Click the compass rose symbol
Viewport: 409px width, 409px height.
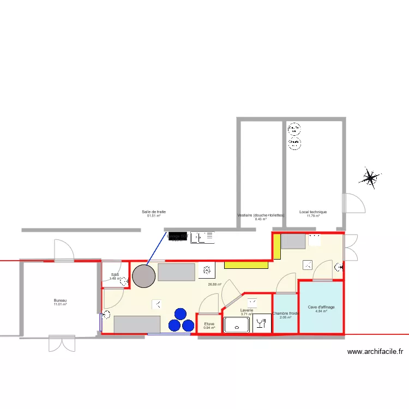(372, 177)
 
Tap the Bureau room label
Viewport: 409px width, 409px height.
(60, 301)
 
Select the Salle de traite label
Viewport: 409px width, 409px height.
(153, 212)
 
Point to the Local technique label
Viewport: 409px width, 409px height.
(313, 212)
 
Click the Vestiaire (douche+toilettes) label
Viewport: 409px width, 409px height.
(261, 215)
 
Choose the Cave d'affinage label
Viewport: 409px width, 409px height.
(321, 307)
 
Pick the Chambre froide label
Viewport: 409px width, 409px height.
(286, 314)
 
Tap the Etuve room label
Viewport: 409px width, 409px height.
(209, 324)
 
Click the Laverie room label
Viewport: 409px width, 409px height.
(246, 310)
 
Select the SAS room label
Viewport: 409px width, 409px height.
(115, 275)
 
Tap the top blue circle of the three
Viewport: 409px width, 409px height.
(180, 314)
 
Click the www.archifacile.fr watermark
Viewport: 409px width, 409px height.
(375, 352)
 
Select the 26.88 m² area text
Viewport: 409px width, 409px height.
(214, 284)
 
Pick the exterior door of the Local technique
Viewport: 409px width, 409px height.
(352, 203)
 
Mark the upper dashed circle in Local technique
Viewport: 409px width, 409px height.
(294, 130)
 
